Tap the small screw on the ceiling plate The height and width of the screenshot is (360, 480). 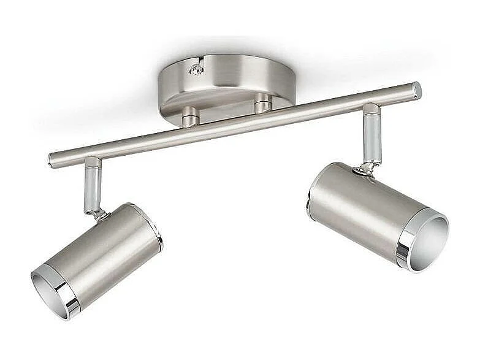196,70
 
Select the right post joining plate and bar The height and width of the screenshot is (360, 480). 262,104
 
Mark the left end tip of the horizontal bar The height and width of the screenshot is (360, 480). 51,161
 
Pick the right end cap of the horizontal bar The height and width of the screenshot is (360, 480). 417,90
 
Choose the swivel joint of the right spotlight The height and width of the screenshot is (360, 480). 367,167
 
